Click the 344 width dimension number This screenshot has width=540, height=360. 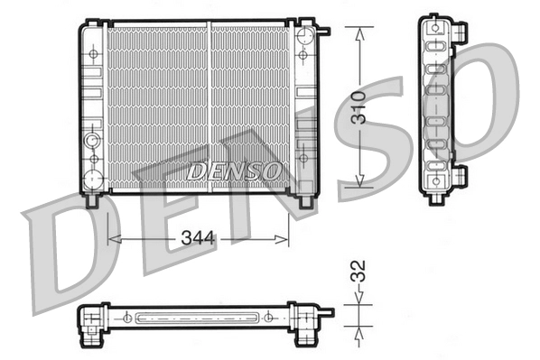tap(198, 239)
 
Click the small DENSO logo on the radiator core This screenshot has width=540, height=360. tap(235, 169)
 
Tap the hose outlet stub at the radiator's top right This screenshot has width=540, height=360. tap(323, 32)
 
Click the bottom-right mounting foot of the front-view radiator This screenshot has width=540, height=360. tap(305, 201)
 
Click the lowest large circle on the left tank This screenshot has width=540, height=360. tap(91, 179)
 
